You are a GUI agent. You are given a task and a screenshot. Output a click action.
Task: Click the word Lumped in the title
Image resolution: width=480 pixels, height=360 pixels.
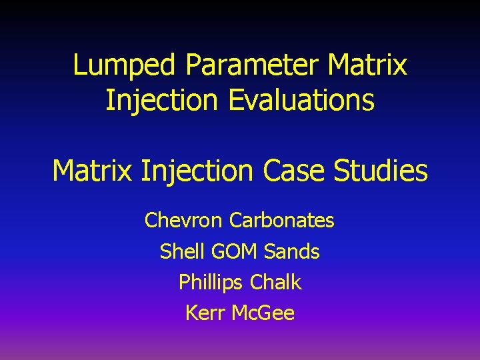(x=125, y=66)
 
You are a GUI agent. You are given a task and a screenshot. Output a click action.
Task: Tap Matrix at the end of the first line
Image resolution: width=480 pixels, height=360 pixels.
(x=367, y=65)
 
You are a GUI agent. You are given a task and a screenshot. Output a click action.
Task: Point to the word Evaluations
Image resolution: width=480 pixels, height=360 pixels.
(x=301, y=101)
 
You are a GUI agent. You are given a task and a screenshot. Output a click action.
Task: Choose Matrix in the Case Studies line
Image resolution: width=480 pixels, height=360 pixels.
(x=93, y=171)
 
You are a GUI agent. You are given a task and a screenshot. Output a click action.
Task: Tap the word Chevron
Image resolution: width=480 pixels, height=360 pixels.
(x=183, y=220)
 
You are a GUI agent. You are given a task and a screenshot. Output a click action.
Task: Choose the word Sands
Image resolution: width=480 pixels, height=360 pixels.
(x=292, y=251)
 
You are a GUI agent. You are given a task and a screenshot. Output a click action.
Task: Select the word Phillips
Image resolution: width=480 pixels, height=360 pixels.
(x=211, y=283)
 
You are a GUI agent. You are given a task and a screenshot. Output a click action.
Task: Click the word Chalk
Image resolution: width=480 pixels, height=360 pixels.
(x=276, y=282)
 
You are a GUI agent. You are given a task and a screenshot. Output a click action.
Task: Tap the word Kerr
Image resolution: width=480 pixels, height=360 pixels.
(x=205, y=313)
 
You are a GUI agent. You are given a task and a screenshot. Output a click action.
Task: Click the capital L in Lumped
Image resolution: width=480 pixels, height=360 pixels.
(x=79, y=66)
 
